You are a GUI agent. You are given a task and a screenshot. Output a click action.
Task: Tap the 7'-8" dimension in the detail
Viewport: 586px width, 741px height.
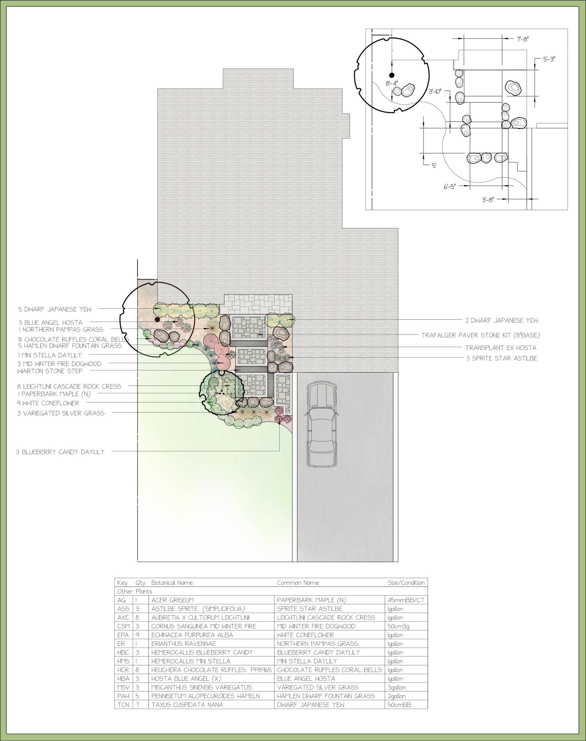(522, 39)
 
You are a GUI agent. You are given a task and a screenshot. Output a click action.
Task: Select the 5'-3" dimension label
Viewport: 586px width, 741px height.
(549, 59)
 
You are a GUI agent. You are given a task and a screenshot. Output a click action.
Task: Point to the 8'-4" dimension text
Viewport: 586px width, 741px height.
(392, 83)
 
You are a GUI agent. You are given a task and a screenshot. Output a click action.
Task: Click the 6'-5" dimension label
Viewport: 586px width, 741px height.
(449, 187)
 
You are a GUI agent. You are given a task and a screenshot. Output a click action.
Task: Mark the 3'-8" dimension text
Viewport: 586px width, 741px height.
(488, 200)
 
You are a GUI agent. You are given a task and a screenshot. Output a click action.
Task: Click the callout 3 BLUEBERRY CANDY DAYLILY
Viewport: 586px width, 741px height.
(60, 452)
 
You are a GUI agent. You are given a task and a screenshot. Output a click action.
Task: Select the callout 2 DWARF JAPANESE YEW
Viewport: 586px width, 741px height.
(501, 320)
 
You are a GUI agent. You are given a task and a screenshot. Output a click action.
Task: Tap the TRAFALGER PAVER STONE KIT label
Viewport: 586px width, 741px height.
(481, 335)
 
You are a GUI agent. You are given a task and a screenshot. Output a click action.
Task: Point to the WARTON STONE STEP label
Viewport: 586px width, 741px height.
(50, 371)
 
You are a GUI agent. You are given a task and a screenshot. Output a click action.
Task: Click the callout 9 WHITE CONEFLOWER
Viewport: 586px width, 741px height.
(48, 403)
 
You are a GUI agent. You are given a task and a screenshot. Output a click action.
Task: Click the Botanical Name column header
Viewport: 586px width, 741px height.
(172, 583)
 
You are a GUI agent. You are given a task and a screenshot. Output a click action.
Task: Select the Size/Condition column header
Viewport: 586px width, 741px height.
(406, 583)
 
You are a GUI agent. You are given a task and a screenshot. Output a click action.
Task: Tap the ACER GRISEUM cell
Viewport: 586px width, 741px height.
(173, 600)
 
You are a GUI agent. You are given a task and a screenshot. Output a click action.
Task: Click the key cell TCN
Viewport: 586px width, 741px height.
(123, 705)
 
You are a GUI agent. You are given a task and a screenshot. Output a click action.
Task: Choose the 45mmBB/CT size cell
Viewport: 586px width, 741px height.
(406, 600)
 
